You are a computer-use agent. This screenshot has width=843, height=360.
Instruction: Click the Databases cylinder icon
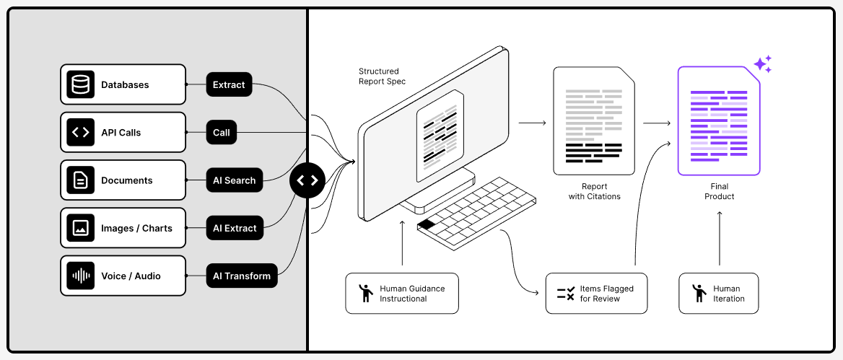81,84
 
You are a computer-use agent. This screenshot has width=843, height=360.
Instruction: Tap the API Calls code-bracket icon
81,132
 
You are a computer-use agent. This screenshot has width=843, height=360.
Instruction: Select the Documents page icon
81,180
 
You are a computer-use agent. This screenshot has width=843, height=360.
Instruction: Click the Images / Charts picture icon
81,228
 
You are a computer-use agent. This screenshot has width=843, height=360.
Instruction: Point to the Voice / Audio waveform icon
81,276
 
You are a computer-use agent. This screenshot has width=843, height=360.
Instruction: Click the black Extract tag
229,84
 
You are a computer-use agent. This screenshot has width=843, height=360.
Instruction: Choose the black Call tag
222,132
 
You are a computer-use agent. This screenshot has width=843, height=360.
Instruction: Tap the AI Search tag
234,180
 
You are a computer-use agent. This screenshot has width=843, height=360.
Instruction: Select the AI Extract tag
235,228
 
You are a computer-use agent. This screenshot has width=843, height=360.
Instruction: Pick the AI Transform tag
242,276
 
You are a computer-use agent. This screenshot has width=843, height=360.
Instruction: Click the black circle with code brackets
308,180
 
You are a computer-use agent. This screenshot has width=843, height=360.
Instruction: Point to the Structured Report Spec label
383,76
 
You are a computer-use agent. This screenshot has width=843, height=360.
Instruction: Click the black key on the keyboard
426,224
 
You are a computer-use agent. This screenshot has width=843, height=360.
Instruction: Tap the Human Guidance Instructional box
402,293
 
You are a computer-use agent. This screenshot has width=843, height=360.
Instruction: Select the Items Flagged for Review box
596,293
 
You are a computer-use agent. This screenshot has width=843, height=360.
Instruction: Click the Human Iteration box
719,293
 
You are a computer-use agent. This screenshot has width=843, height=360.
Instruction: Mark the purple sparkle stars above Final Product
763,64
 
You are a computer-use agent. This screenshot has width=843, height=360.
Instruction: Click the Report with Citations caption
595,191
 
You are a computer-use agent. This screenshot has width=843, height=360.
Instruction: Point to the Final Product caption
719,191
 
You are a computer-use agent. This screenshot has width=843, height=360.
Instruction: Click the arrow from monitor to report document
532,123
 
